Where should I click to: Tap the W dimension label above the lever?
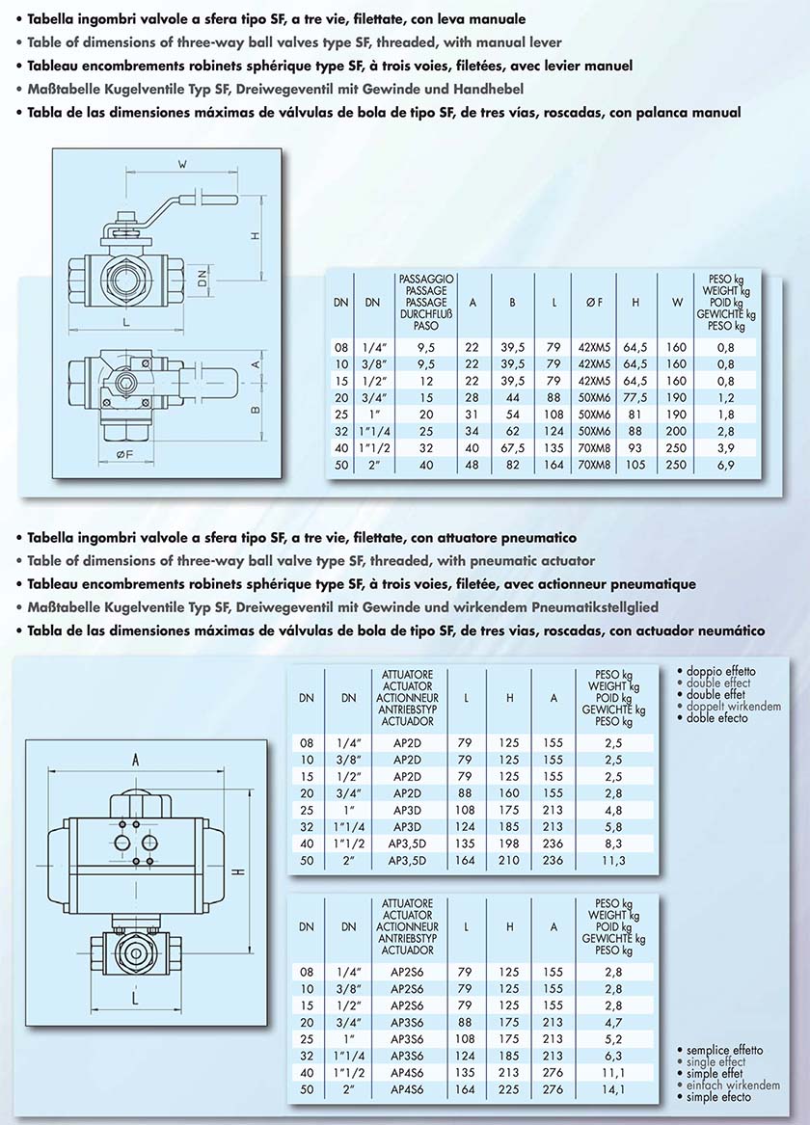pyautogui.click(x=181, y=165)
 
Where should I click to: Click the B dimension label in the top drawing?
pyautogui.click(x=256, y=410)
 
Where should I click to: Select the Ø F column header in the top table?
pyautogui.click(x=593, y=302)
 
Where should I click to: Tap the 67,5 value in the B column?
pyautogui.click(x=512, y=447)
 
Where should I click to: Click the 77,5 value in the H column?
pyautogui.click(x=635, y=396)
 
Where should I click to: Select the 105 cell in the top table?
pyautogui.click(x=635, y=465)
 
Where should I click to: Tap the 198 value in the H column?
pyautogui.click(x=509, y=844)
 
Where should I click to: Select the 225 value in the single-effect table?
pyautogui.click(x=509, y=1089)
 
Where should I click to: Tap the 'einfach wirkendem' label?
pyautogui.click(x=732, y=1085)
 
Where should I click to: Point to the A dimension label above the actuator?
pyautogui.click(x=136, y=760)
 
